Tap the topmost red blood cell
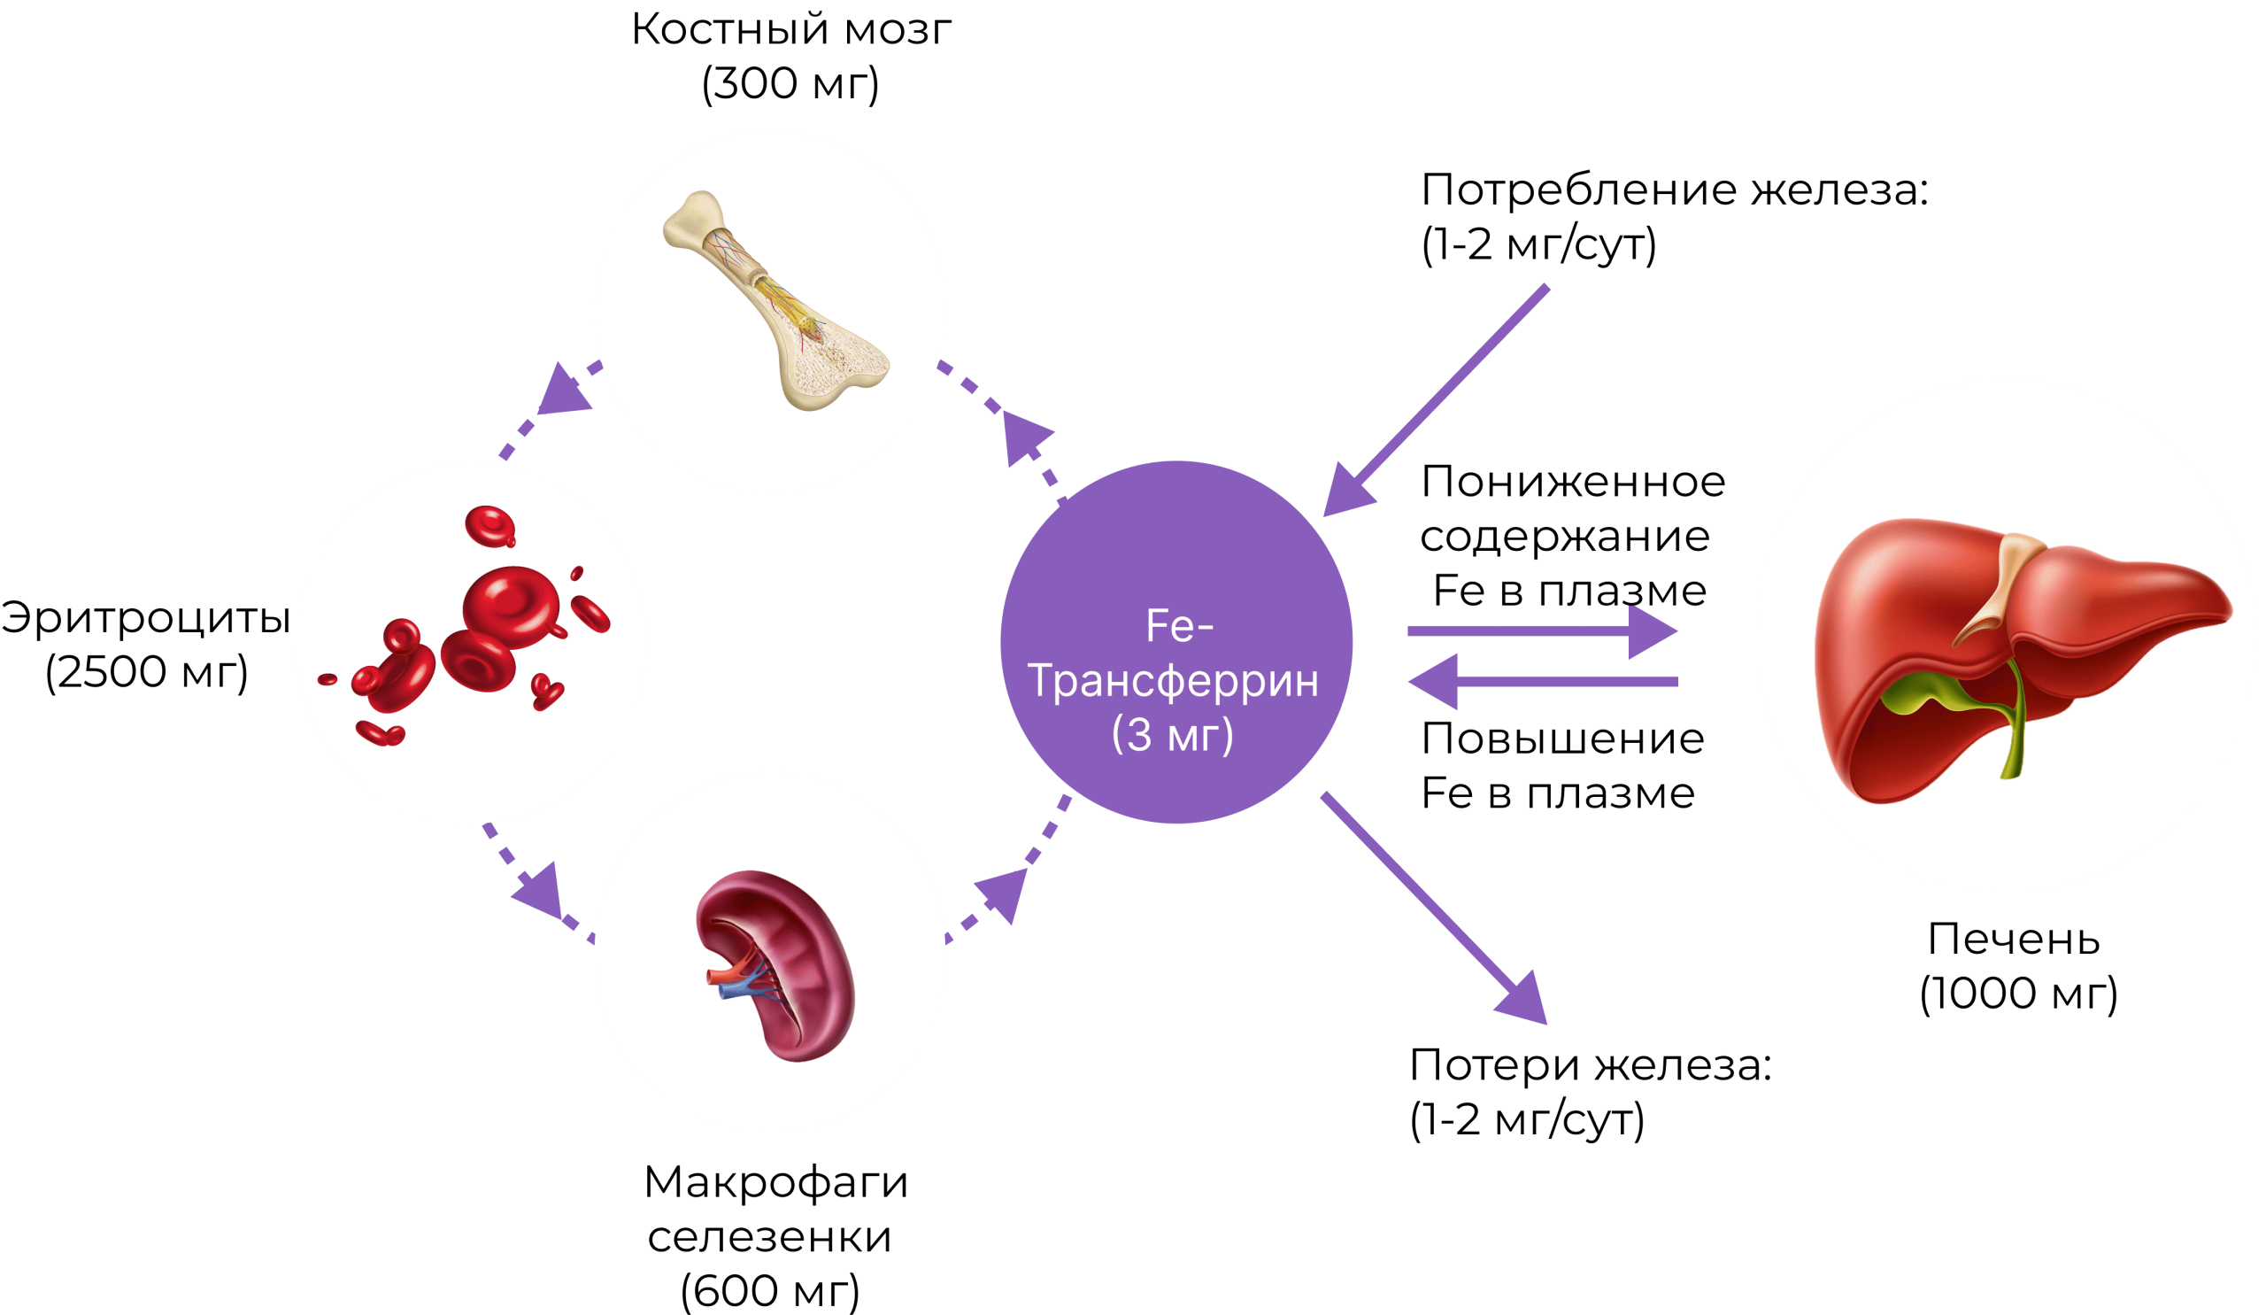[490, 524]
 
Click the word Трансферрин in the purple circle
[1174, 681]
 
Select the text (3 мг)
[1173, 735]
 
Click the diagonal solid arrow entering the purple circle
[1438, 400]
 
